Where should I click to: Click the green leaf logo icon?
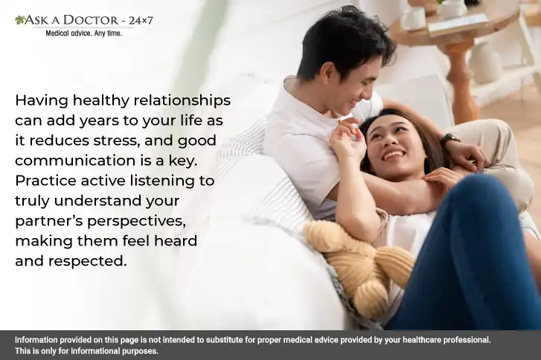click(19, 20)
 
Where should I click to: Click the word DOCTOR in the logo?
click(91, 20)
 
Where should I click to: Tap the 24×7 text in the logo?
click(141, 21)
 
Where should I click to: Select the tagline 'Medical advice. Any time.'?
click(84, 33)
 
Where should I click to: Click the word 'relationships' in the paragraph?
click(182, 101)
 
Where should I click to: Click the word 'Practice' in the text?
click(45, 181)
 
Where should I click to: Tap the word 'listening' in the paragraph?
click(159, 181)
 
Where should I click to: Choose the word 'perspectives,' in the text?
click(136, 222)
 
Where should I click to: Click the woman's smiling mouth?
click(393, 155)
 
